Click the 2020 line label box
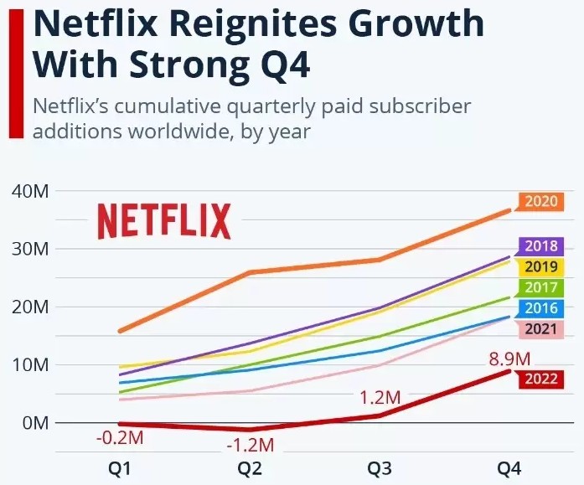(x=540, y=202)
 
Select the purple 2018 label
(x=540, y=247)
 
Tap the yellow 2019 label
(x=540, y=267)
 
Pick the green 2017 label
(x=540, y=288)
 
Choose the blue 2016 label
(x=540, y=308)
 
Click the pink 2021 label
(x=540, y=328)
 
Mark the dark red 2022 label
(x=540, y=379)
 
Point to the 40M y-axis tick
(x=31, y=191)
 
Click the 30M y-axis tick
(x=31, y=249)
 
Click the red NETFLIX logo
(x=164, y=221)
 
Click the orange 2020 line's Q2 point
(x=250, y=272)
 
